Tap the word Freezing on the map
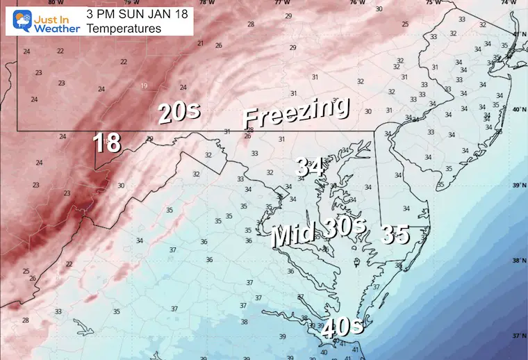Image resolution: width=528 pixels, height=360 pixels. (x=296, y=112)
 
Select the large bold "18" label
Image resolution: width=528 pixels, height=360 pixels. (x=108, y=143)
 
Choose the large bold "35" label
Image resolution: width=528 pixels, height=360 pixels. (x=395, y=235)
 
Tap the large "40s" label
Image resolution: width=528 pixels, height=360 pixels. (x=343, y=326)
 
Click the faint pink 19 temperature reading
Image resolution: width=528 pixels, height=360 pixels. (x=144, y=86)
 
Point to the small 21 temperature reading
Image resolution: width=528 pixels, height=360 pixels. (x=200, y=44)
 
